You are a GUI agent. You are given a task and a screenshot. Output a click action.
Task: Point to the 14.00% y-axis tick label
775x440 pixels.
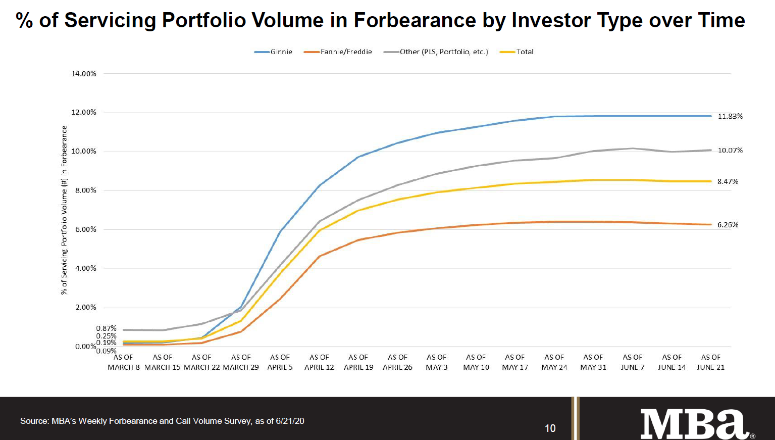[x=84, y=74]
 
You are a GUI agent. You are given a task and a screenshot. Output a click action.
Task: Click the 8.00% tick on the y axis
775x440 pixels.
[x=85, y=190]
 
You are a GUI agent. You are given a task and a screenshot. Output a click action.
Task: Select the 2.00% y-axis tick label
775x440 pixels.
[x=85, y=307]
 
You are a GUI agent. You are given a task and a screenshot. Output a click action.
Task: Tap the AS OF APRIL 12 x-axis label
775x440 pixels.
[x=319, y=362]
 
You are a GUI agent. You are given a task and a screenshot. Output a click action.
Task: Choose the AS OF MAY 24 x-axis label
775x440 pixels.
[x=554, y=362]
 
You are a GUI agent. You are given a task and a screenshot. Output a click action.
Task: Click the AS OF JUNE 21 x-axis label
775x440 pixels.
[x=710, y=362]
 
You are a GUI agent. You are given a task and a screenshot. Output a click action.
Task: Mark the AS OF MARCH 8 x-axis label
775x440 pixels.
[x=124, y=362]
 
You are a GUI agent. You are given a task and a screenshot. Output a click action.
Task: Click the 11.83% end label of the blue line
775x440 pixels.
[x=730, y=116]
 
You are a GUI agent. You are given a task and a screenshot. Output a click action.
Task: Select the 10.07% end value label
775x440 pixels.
[x=730, y=151]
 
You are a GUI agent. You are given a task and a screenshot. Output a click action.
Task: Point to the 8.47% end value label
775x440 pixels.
[x=728, y=181]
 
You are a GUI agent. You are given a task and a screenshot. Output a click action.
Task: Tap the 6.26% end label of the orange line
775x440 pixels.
[x=728, y=225]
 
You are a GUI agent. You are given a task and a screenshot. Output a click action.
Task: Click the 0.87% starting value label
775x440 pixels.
[x=106, y=328]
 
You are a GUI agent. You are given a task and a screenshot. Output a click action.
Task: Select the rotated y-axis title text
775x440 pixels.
[x=64, y=210]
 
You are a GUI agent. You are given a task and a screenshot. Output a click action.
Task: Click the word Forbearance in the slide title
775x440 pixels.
[x=414, y=20]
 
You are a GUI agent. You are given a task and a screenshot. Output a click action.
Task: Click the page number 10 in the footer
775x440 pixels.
[x=550, y=428]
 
